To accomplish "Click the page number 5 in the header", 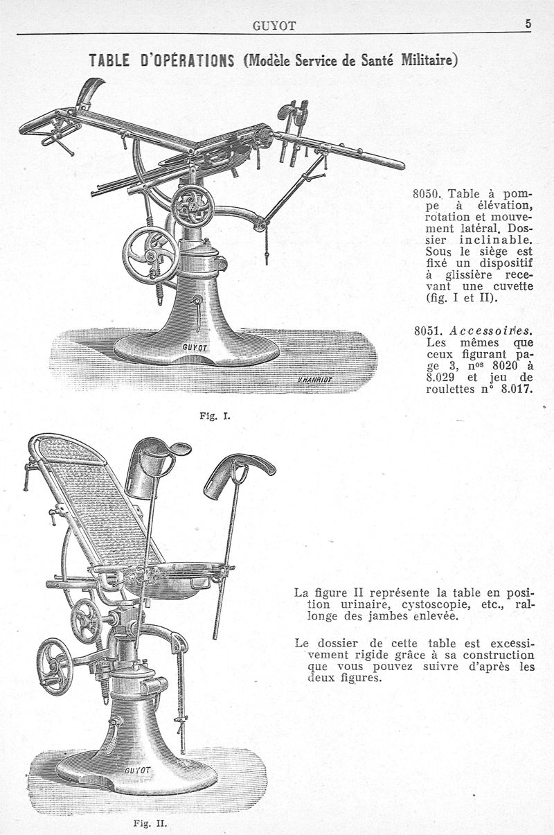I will [528, 23].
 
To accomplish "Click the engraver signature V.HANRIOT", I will [316, 380].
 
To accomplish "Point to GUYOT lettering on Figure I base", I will [196, 347].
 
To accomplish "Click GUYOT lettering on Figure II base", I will [139, 771].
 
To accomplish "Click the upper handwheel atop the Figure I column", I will [192, 206].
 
